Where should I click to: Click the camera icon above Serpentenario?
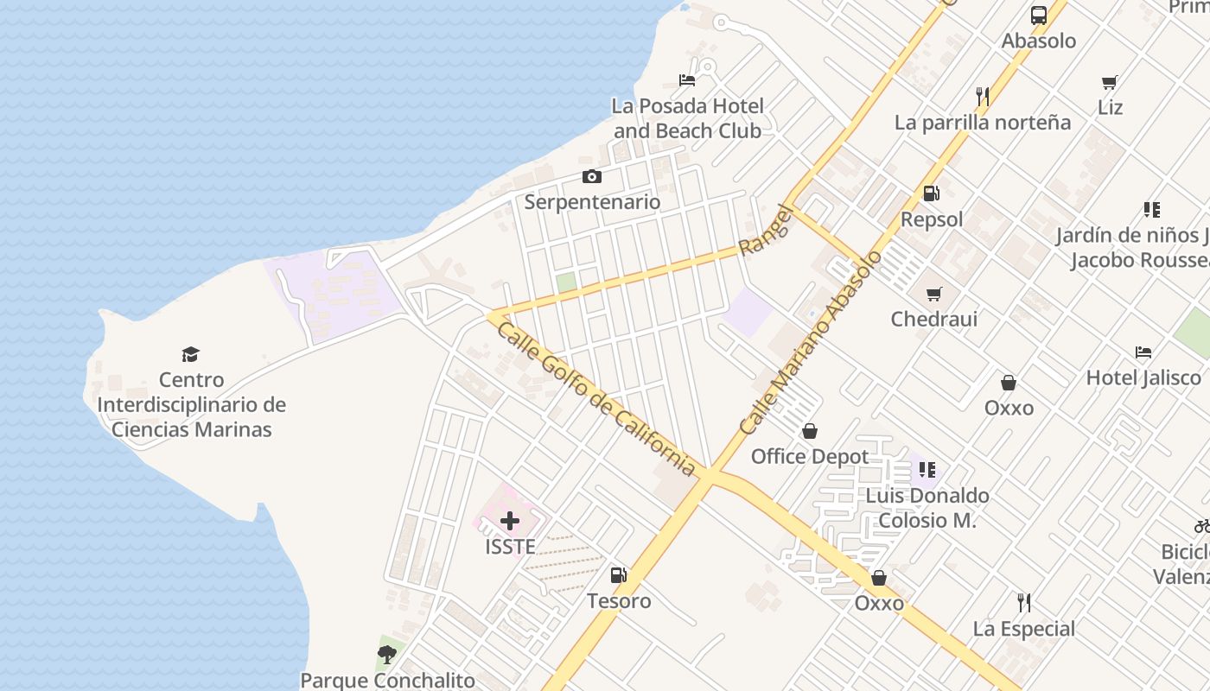click(x=591, y=177)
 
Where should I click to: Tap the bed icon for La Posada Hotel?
click(x=687, y=81)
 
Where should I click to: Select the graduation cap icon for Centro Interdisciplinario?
click(x=190, y=354)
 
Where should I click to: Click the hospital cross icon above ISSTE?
click(x=510, y=521)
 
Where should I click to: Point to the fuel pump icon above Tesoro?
click(x=619, y=575)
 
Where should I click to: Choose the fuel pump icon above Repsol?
click(x=931, y=193)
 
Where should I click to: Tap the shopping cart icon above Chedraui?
click(x=933, y=294)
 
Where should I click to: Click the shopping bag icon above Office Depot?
click(x=810, y=431)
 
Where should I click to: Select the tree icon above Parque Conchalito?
click(x=387, y=655)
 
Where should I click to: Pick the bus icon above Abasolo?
click(x=1039, y=16)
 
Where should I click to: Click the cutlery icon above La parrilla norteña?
click(x=982, y=96)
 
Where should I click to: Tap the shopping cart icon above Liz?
click(x=1110, y=83)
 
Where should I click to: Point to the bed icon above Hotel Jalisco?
click(x=1143, y=352)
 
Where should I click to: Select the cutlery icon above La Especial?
click(x=1024, y=602)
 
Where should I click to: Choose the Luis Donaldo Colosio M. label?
click(x=927, y=508)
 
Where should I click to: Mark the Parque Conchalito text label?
click(x=387, y=681)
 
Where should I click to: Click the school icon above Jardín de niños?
click(x=1151, y=210)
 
